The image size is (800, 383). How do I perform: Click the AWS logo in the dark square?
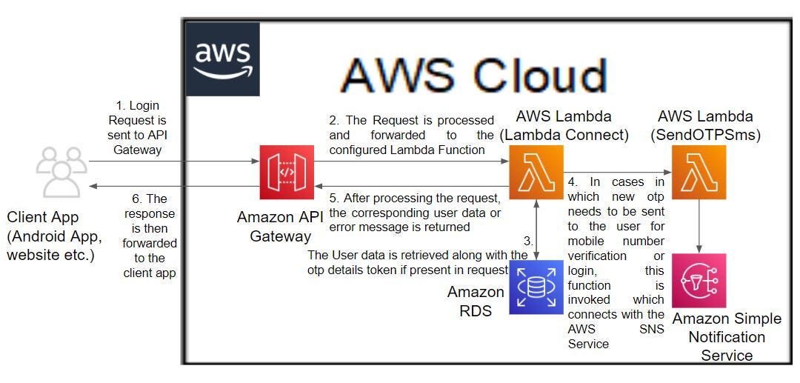tap(222, 59)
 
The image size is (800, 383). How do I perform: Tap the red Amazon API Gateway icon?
tap(286, 173)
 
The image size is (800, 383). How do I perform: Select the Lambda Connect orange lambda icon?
tap(536, 173)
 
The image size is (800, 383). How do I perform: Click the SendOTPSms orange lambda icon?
tap(699, 173)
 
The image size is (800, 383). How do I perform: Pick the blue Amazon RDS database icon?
tap(536, 287)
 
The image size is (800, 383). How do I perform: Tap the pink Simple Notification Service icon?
tap(699, 281)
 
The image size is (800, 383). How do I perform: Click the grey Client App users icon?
tap(61, 171)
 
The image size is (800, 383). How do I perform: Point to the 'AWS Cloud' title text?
tap(473, 76)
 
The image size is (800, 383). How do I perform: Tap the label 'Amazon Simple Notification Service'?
tap(726, 337)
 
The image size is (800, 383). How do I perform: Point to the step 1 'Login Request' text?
tap(137, 127)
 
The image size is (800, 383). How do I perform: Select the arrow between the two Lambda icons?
tap(616, 173)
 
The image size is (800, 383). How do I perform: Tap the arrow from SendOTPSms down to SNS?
tap(699, 226)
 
